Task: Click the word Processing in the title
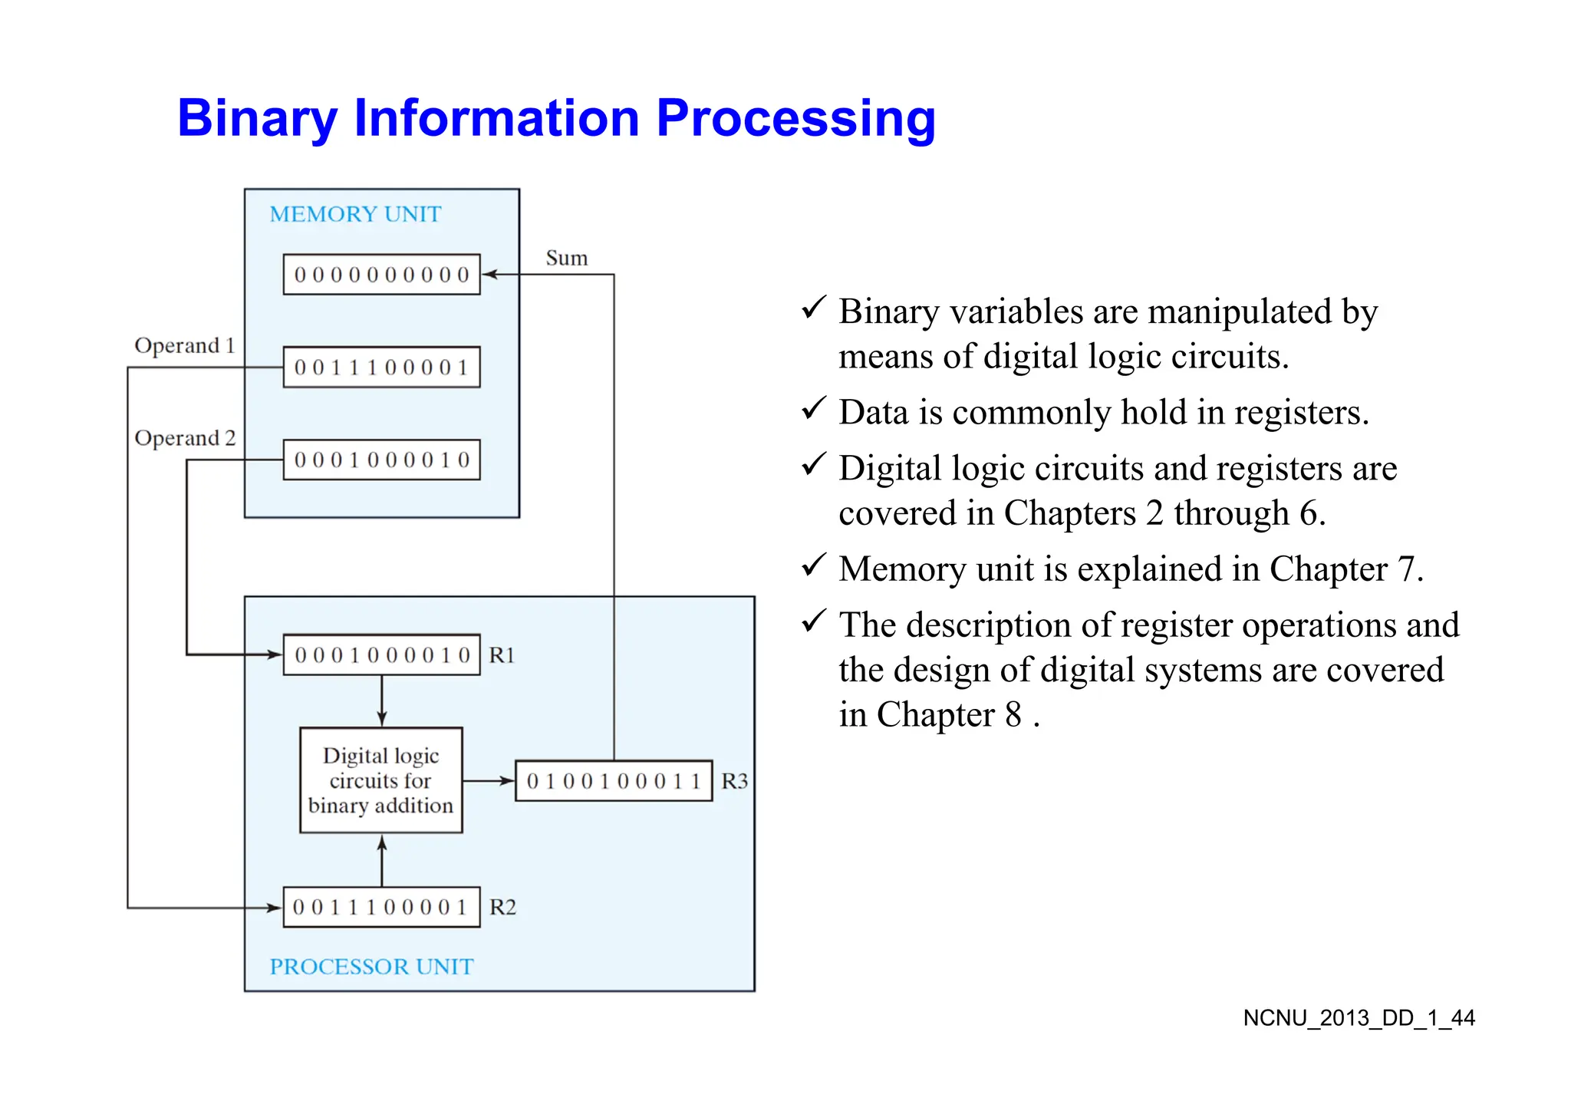795,119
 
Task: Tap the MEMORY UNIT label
355,214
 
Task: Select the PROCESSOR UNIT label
371,967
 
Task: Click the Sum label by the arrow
566,259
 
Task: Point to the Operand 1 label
184,346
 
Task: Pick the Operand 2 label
184,438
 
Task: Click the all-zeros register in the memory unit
381,275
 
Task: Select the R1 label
502,655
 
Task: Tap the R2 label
502,908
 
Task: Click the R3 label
734,781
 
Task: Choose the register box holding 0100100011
613,781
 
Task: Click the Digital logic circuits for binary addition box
380,780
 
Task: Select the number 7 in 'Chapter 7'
1406,569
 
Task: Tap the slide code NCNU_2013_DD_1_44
1359,1018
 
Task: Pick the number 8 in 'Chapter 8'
1013,715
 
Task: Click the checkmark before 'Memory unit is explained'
813,565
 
